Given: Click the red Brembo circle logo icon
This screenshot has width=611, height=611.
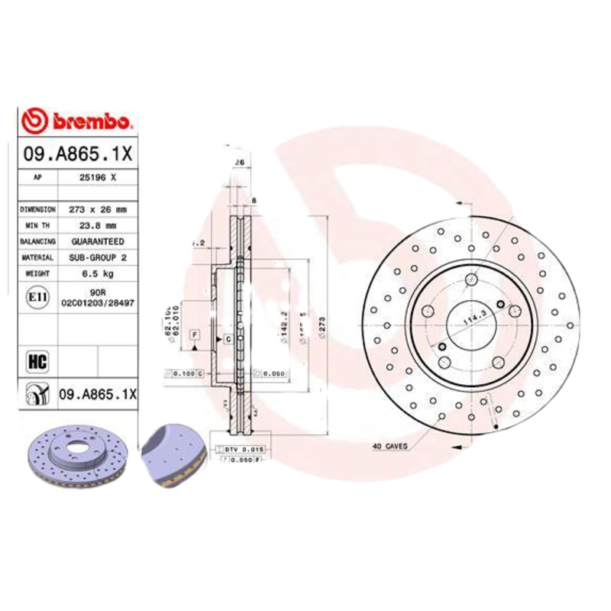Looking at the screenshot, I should pos(35,121).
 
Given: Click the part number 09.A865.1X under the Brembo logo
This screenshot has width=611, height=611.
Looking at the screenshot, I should pos(78,154).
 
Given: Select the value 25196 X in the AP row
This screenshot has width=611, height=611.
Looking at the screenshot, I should pos(98,176).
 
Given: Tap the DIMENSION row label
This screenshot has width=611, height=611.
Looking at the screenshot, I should pos(37,209).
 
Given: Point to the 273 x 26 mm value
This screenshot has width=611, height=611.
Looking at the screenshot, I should pos(98,209).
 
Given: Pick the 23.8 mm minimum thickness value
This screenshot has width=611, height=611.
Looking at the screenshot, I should pos(98,225).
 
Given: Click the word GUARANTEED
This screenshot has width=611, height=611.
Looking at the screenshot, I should pos(98,241).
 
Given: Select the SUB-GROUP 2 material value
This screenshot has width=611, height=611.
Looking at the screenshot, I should pos(98,258).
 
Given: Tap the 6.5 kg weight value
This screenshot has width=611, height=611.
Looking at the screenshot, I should pos(98,273).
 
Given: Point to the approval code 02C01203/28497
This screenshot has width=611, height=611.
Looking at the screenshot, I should pos(98,303).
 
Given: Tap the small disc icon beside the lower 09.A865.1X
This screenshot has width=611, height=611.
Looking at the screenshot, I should pos(35,394).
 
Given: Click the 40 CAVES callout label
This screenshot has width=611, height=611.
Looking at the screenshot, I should pos(390,446).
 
